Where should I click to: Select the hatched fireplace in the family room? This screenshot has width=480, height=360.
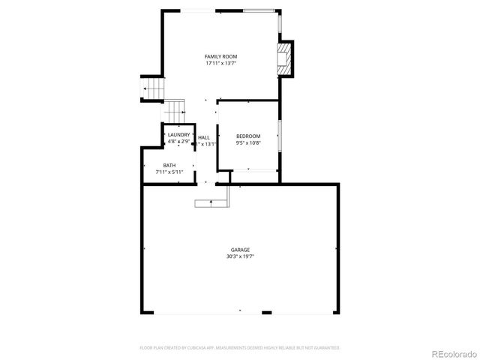click(x=283, y=58)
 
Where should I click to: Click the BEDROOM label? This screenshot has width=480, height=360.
click(x=248, y=135)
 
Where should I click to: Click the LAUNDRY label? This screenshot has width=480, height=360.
click(x=178, y=135)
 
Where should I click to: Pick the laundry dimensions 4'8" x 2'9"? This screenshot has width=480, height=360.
click(x=178, y=141)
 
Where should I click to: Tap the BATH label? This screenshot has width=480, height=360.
click(x=169, y=165)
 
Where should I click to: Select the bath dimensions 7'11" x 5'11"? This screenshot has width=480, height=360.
click(x=169, y=172)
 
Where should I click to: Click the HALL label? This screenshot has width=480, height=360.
click(x=204, y=137)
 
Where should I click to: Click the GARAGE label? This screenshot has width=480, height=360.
click(x=240, y=250)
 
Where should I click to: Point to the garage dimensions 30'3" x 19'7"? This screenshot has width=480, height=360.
click(x=240, y=256)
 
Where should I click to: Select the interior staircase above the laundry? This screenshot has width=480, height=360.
click(x=175, y=111)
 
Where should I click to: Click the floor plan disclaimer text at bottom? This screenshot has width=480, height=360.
click(x=240, y=347)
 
